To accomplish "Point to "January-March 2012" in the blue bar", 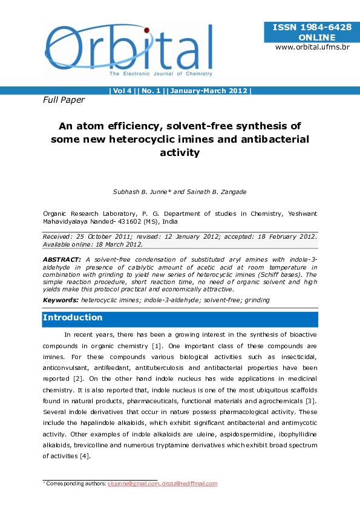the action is [x=209, y=91].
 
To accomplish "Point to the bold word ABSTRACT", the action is [x=59, y=259].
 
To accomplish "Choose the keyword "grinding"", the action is [x=256, y=300].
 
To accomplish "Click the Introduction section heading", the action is [x=73, y=318].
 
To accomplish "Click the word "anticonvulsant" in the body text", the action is [x=68, y=368].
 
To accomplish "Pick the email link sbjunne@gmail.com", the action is [x=133, y=484].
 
